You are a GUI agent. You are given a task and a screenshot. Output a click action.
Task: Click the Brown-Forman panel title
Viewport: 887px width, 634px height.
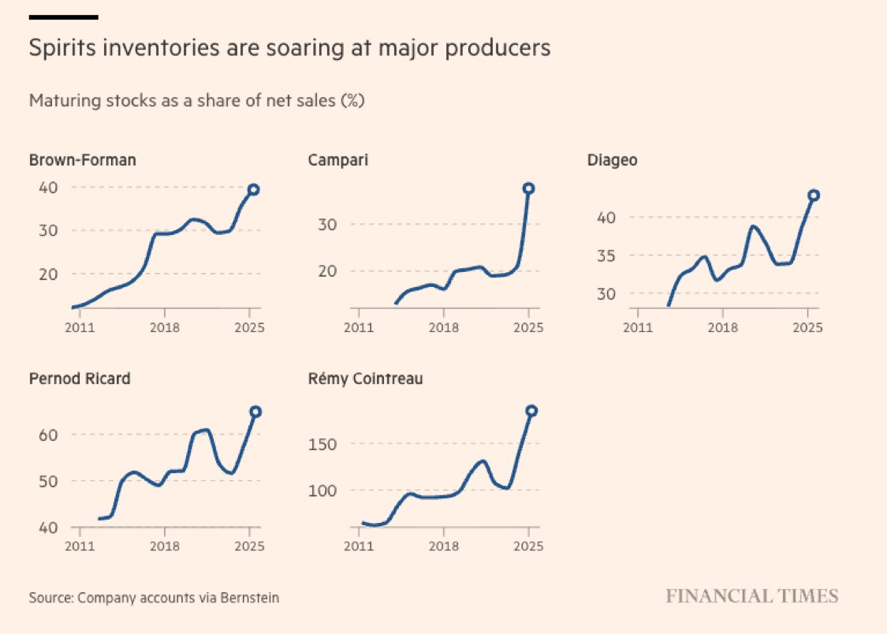point(82,160)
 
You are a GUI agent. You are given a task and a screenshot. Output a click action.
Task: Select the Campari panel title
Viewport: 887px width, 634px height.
point(337,160)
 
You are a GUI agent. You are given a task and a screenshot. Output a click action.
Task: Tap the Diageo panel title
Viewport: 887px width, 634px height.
point(612,160)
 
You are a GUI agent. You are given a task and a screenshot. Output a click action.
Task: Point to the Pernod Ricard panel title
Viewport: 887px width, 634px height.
point(80,379)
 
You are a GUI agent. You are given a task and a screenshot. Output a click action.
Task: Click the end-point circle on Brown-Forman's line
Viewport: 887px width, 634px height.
point(254,189)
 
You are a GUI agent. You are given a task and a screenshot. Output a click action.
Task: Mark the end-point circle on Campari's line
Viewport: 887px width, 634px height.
point(528,188)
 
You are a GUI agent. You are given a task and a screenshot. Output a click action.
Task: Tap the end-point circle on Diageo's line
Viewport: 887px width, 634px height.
point(814,195)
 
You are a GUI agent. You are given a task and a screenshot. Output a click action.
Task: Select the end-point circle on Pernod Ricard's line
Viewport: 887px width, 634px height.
point(255,412)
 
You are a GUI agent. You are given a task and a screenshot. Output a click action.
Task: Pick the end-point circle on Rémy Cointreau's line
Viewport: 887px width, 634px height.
point(531,411)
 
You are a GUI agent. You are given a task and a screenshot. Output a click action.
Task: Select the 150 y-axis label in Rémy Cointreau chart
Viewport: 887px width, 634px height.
point(323,444)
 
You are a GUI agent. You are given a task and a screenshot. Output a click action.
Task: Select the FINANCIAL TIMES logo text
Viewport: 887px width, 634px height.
point(751,595)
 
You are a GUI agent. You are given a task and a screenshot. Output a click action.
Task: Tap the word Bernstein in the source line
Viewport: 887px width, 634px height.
point(252,598)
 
